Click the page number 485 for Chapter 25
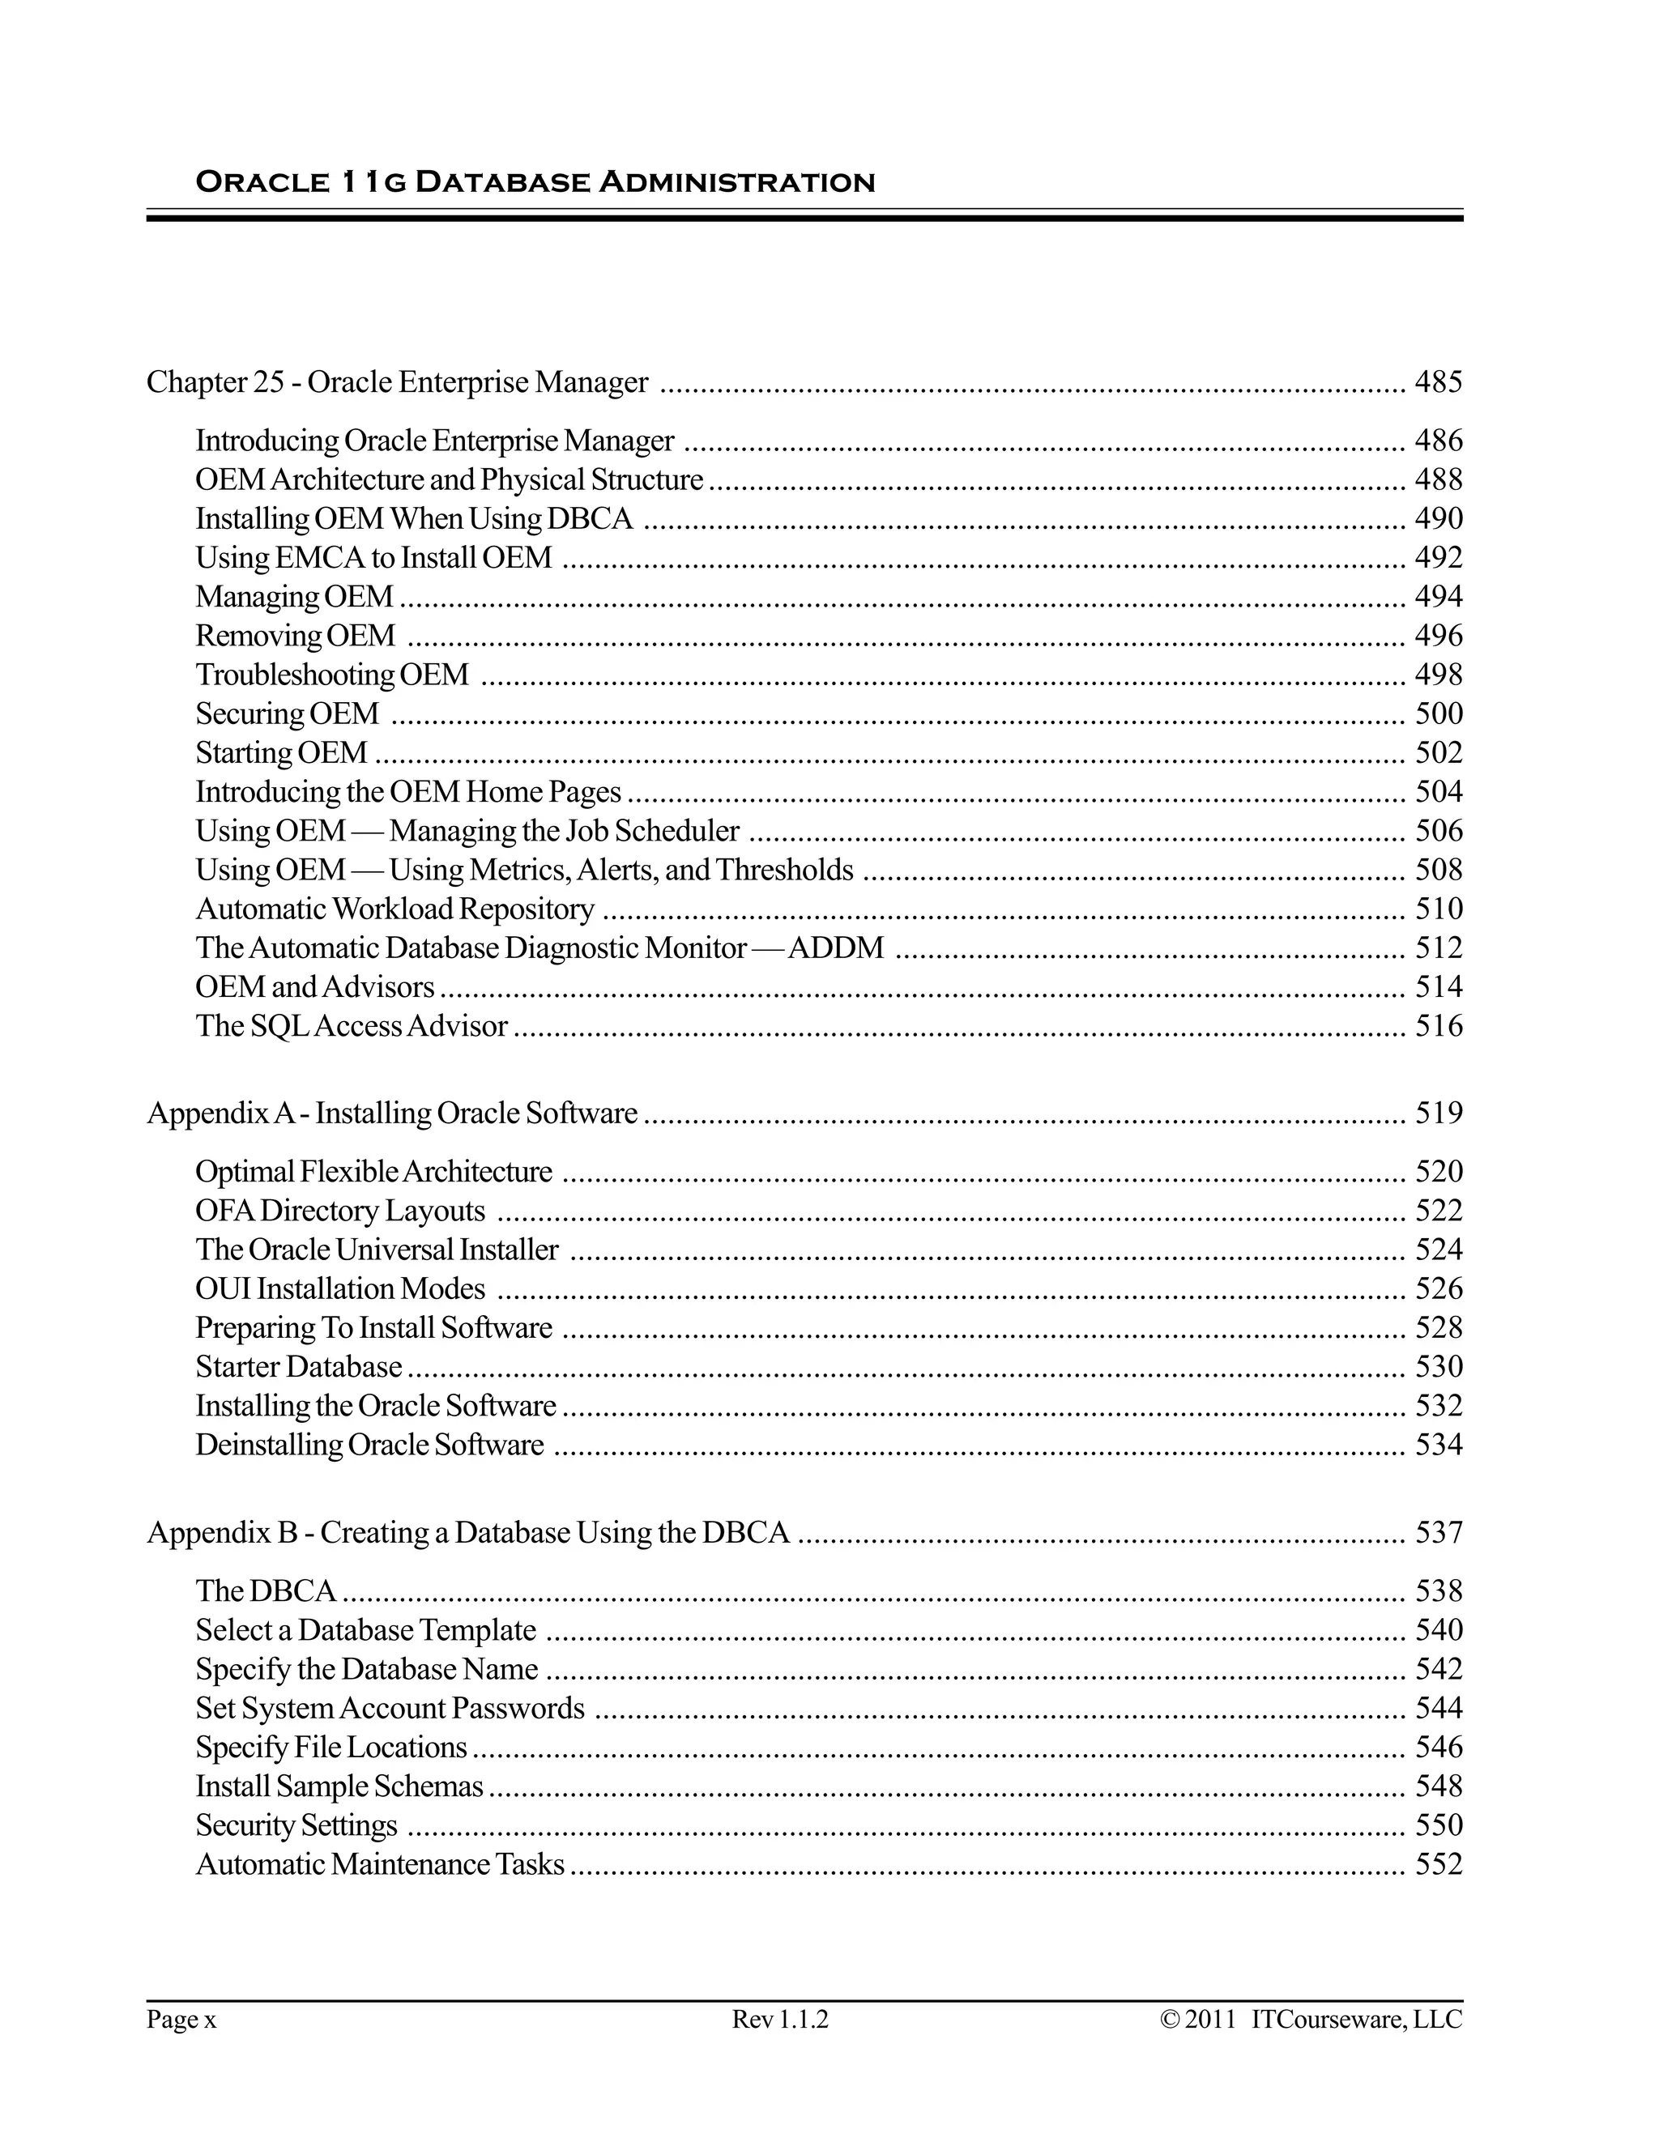point(1438,381)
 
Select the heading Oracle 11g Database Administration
point(535,183)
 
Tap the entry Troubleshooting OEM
point(332,675)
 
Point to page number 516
point(1438,1026)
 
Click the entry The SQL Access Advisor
point(351,1026)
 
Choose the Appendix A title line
point(392,1113)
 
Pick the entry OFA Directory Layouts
point(340,1211)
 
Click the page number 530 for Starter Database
point(1438,1367)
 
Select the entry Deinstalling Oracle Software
point(369,1446)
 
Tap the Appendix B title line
point(468,1533)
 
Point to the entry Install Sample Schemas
point(339,1786)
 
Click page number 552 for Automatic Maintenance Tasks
point(1438,1864)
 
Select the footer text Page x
point(181,2020)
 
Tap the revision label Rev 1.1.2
point(780,2020)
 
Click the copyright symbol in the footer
point(1170,2020)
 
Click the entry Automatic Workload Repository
point(395,909)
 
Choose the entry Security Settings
point(296,1825)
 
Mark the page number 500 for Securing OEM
point(1438,713)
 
